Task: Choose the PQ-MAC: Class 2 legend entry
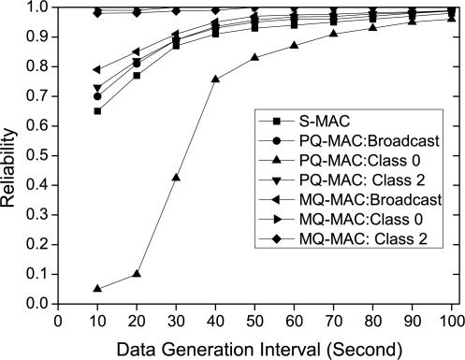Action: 341,180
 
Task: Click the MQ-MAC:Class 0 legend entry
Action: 341,222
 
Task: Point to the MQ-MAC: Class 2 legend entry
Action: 341,242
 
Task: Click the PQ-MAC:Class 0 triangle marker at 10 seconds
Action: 97,289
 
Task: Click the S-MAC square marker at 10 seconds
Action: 97,111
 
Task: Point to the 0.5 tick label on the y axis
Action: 37,156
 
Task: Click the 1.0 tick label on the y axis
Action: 37,8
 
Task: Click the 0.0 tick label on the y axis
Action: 37,304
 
